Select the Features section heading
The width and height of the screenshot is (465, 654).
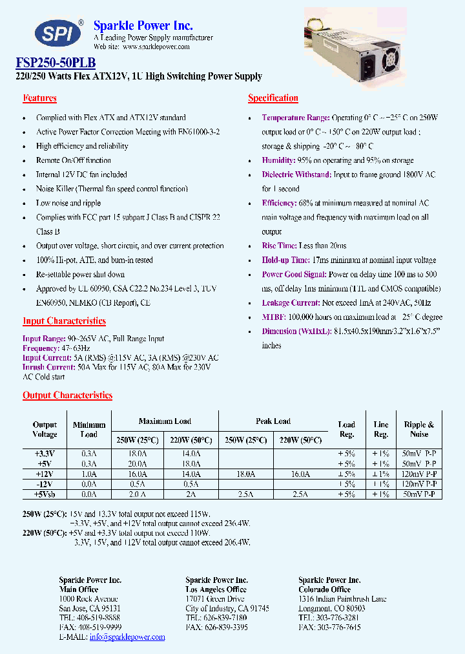[39, 98]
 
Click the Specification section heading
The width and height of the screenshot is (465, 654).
[273, 98]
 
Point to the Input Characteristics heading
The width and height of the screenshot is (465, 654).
[64, 321]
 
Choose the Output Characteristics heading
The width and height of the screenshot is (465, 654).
[67, 396]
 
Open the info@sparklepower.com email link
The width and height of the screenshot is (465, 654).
[127, 637]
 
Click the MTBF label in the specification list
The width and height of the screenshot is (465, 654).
[273, 317]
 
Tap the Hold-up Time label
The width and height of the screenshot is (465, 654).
[285, 260]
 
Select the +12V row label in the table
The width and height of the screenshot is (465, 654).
[45, 474]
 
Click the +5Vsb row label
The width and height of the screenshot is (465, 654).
[45, 494]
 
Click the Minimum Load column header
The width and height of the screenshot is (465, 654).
[88, 430]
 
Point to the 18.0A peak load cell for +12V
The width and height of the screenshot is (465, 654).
[245, 474]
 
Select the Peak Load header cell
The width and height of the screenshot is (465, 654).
[273, 421]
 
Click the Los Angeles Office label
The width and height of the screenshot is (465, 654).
[216, 589]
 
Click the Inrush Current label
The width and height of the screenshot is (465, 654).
[46, 367]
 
